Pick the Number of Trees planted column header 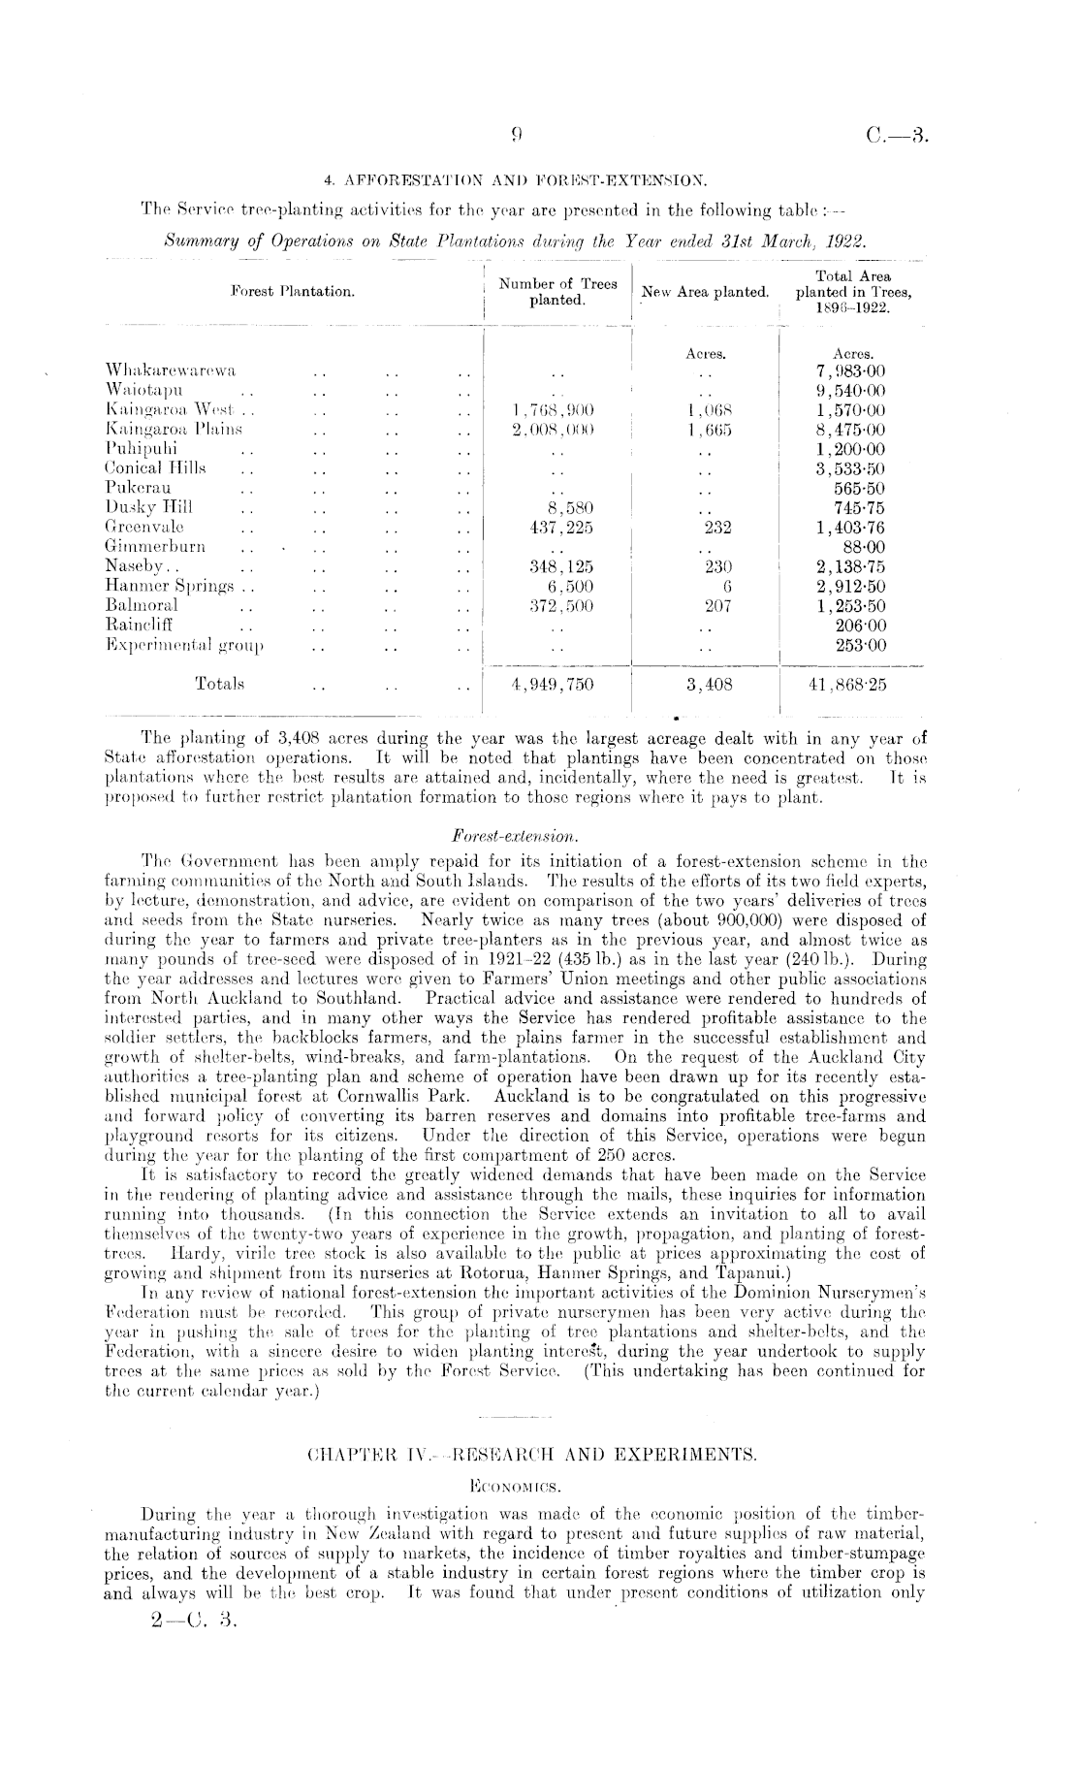557,292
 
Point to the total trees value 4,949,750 553,684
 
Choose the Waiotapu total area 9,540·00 852,390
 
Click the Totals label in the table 219,684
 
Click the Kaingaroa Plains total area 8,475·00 852,430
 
